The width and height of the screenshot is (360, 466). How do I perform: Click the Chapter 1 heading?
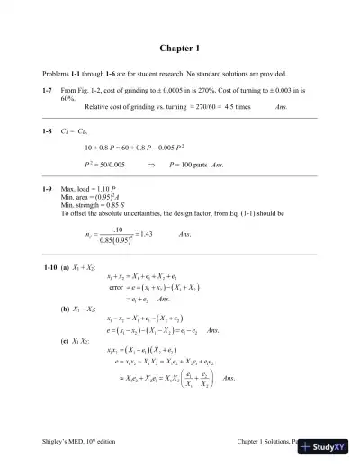[x=180, y=47]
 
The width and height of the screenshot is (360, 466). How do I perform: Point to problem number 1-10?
[x=50, y=270]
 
